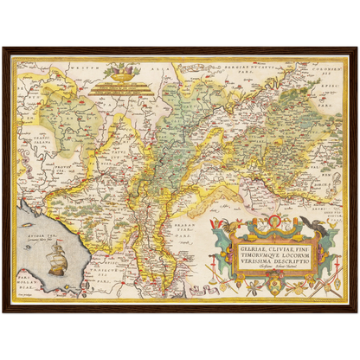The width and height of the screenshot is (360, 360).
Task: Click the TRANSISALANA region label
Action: [37, 130]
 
